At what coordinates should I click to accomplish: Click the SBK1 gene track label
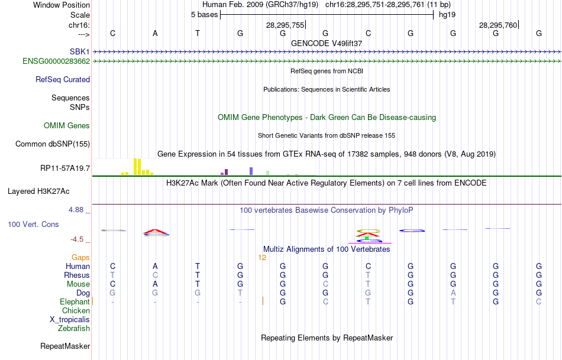pos(79,51)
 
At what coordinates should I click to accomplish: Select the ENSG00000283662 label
pos(56,61)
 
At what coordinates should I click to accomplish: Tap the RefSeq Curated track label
pos(63,79)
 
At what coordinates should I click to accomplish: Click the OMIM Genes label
pos(67,125)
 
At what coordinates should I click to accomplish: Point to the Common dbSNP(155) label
pos(53,144)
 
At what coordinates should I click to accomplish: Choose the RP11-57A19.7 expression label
pos(65,168)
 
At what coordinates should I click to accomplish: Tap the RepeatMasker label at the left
pos(65,346)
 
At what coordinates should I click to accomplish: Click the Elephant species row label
pos(75,301)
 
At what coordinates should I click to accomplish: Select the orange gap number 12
pos(263,257)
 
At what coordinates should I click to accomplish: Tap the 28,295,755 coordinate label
pos(285,25)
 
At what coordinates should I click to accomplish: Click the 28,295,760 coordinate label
pos(498,25)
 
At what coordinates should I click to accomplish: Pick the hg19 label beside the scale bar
pos(447,15)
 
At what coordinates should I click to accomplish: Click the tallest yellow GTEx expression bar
pos(135,167)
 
